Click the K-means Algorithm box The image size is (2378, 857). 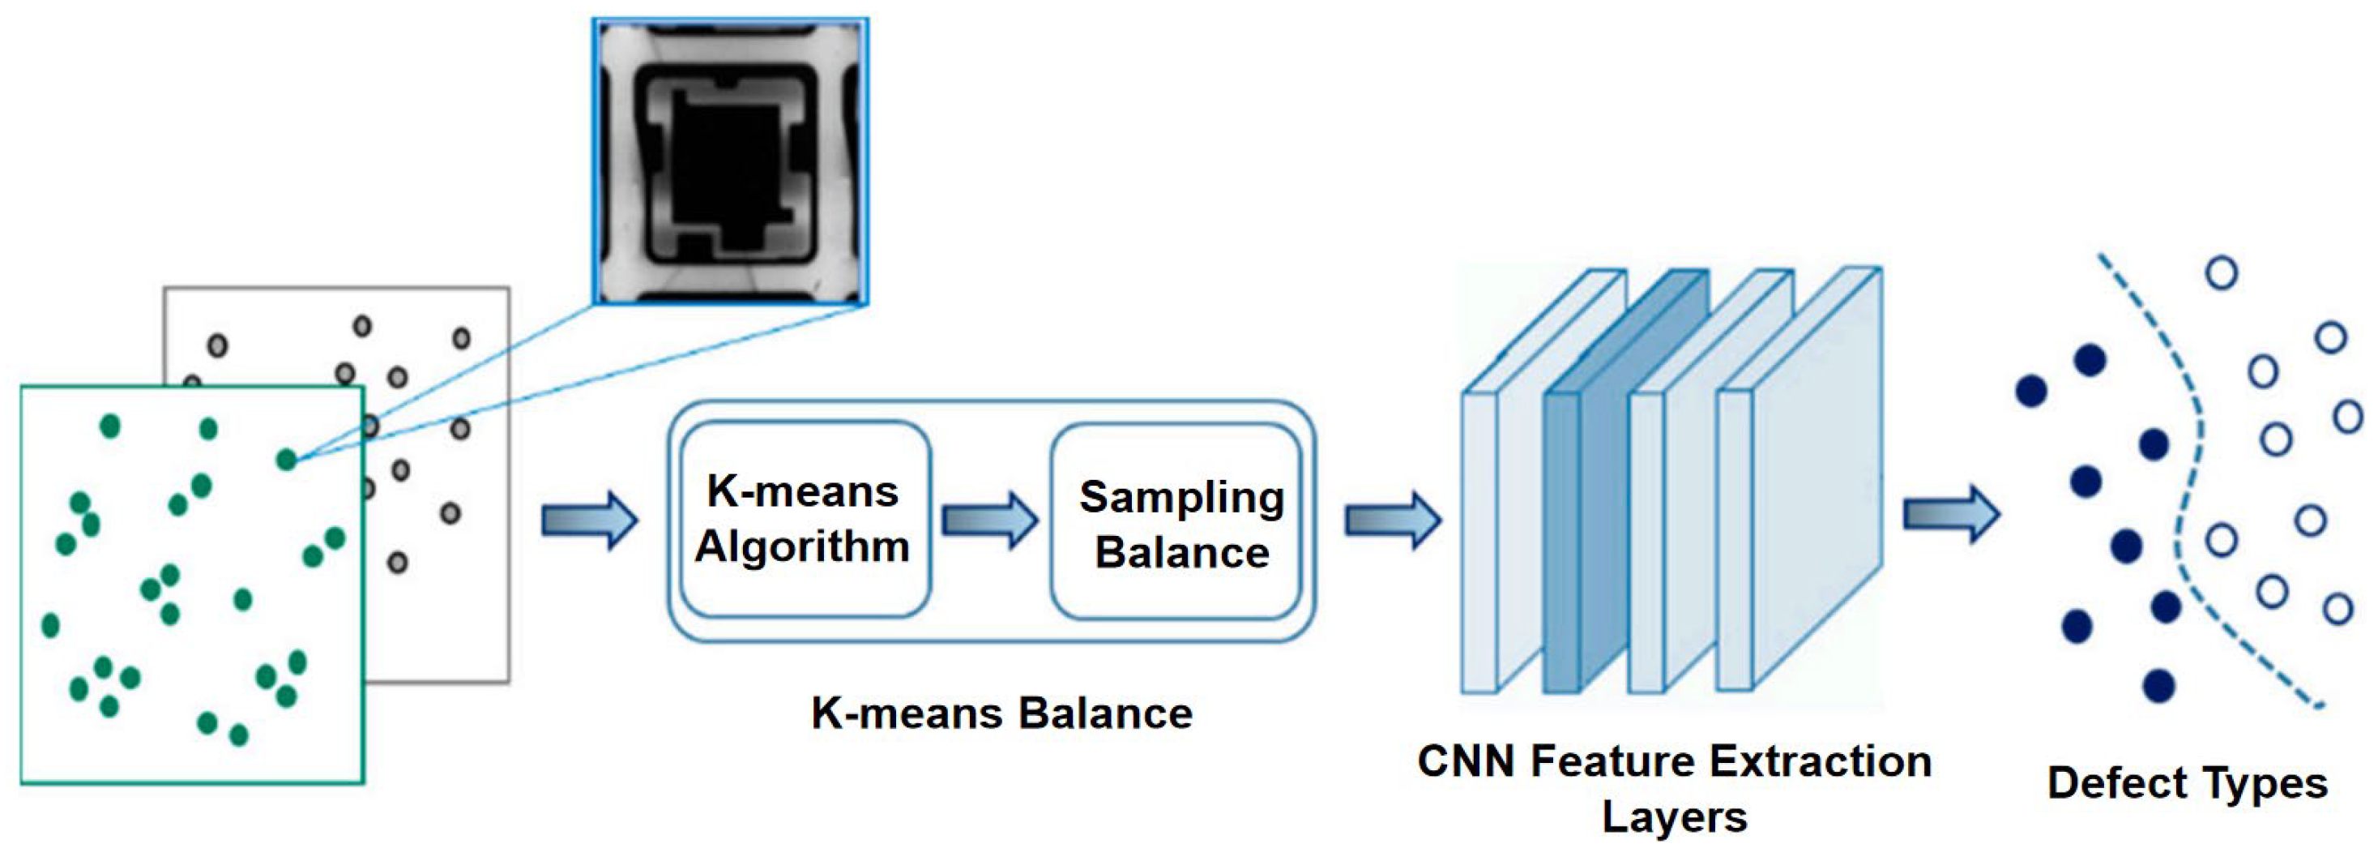coord(804,518)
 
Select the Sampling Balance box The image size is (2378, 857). coord(1177,522)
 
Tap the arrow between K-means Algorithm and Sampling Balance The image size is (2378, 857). coord(989,520)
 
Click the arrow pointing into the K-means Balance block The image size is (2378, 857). coord(589,520)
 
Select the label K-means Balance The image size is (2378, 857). coord(1001,713)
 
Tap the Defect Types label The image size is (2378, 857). coord(2186,783)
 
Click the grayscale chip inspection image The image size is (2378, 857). coord(730,161)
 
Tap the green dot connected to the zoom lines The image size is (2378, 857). coord(287,459)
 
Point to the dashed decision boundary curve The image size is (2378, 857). coord(2190,480)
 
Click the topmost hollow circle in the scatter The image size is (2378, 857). coord(2221,272)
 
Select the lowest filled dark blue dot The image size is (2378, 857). coord(2158,685)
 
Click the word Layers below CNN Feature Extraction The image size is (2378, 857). coord(1674,817)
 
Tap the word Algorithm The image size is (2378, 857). coord(802,546)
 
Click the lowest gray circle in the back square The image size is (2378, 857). coord(397,562)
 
